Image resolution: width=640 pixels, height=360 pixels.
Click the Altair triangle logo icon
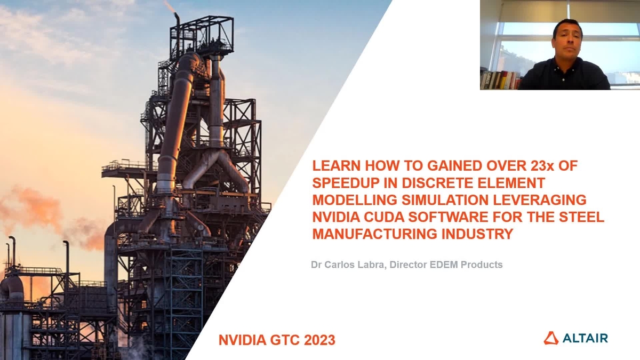point(551,338)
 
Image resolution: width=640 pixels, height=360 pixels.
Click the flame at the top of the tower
point(170,6)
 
